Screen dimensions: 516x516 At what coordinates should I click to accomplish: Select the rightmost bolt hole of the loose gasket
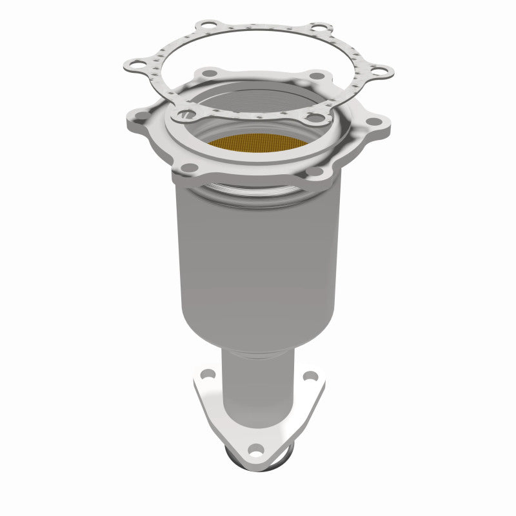pos(379,69)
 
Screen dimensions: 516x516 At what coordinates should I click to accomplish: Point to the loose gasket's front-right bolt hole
pos(314,118)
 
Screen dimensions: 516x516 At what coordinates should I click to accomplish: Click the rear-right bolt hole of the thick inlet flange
pos(316,76)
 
